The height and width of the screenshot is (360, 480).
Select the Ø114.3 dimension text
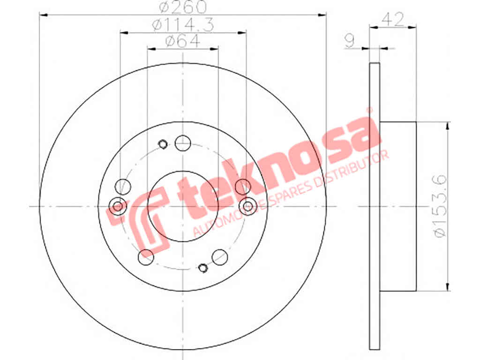183,25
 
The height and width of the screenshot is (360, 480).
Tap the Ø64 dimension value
183,41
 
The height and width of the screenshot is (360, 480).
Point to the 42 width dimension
393,20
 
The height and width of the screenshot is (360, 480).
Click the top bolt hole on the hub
183,143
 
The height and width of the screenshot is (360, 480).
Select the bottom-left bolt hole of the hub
146,257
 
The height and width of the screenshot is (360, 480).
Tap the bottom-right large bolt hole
220,257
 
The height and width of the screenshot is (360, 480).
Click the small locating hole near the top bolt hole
163,144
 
